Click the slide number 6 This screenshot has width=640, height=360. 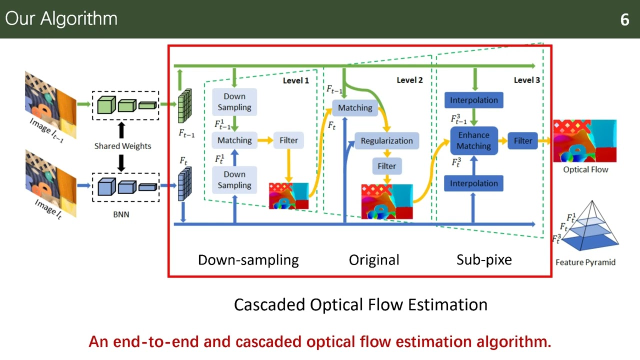pos(624,19)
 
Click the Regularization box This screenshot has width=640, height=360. pos(386,140)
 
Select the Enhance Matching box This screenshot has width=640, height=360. pos(473,140)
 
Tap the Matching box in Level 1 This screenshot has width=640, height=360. pos(234,140)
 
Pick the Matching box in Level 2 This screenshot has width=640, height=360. pos(355,107)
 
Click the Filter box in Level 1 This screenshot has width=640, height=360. pos(288,140)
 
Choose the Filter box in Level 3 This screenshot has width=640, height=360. pos(523,140)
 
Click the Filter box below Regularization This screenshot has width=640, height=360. pos(386,166)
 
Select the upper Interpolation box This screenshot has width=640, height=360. pos(473,100)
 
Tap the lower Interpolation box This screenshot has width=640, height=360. pos(473,183)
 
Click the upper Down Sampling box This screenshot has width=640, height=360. pos(234,101)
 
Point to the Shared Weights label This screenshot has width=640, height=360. pos(122,146)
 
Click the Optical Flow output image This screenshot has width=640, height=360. pos(584,141)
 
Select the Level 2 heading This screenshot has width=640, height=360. pos(409,80)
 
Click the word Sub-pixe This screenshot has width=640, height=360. pos(484,260)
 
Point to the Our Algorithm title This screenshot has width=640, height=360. pos(61,19)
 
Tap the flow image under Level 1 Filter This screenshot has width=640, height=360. pos(289,196)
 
